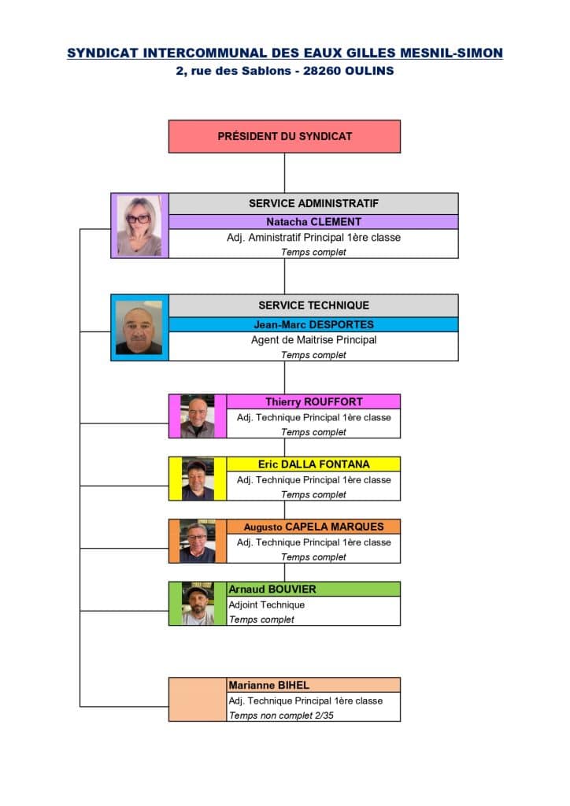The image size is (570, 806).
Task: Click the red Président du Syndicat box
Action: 284,136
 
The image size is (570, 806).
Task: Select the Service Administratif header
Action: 313,204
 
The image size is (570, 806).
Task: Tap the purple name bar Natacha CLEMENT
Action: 313,222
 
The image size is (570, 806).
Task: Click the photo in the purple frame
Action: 139,226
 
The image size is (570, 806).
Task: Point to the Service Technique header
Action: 313,305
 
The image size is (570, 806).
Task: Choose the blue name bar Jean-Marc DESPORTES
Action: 313,325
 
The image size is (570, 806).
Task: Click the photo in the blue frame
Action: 139,328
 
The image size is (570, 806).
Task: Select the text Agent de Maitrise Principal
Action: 313,340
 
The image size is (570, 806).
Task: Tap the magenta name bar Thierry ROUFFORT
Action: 313,402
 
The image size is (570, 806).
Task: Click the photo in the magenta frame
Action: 198,416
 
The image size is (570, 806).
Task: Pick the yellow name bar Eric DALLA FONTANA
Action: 313,464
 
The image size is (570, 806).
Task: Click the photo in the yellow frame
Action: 198,479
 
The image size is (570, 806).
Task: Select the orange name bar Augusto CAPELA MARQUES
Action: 313,527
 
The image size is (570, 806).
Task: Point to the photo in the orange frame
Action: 198,542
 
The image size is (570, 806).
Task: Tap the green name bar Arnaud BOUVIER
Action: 313,589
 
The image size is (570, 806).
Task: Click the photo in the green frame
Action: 198,604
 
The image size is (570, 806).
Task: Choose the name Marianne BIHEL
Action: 268,686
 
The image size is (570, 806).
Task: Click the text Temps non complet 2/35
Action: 281,715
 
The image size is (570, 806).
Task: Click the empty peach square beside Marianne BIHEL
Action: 198,700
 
